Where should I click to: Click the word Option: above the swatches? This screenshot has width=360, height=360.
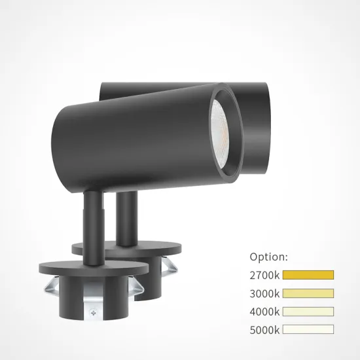pos(268,257)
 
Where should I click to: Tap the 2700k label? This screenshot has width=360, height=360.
pos(264,275)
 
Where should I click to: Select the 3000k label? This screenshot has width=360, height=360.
pos(264,293)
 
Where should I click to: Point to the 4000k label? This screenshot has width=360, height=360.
pos(264,312)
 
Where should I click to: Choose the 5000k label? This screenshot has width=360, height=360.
pos(264,329)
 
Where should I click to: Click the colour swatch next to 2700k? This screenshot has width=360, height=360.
pos(308,275)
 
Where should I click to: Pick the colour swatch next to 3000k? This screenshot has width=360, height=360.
pos(308,293)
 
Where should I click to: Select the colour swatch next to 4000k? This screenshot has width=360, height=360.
pos(308,312)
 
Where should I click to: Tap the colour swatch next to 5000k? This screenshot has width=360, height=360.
pos(308,329)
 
